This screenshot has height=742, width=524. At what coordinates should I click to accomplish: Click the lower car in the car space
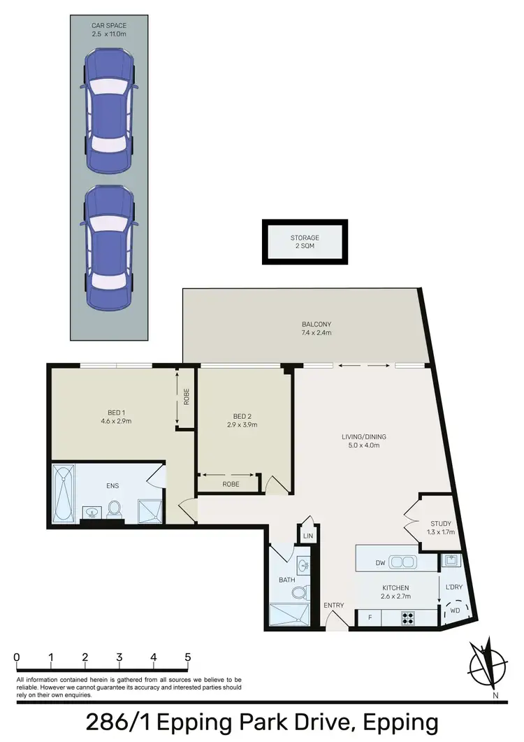(109, 248)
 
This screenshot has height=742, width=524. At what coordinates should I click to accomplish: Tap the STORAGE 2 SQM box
(305, 242)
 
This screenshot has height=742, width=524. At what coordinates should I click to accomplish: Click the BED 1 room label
(111, 417)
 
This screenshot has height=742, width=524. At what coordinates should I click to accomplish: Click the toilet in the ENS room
(115, 509)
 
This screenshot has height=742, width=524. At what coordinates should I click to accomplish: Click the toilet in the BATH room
(298, 594)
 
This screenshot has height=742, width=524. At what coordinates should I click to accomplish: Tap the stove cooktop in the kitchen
(408, 618)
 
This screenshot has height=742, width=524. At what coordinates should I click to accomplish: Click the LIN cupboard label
(308, 536)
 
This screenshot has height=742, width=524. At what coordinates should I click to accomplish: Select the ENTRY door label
(333, 605)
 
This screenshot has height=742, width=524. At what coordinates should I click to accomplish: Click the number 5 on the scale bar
(187, 657)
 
